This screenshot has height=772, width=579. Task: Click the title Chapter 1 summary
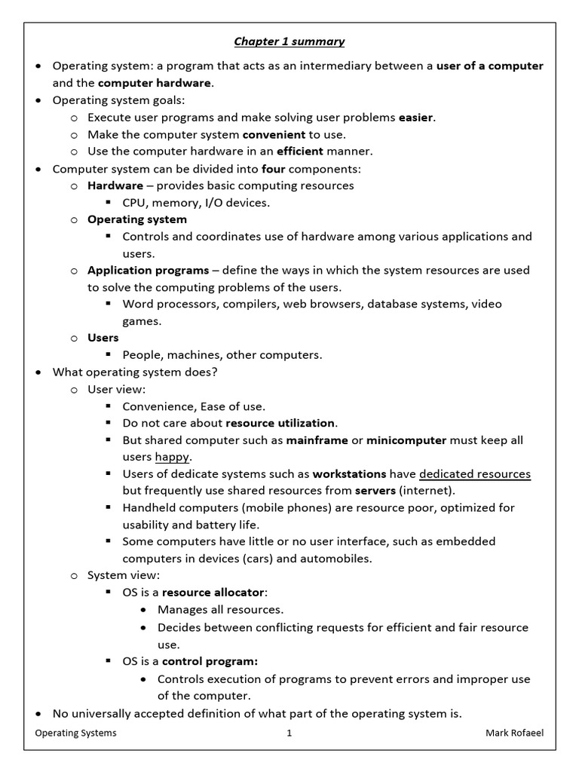coord(289,41)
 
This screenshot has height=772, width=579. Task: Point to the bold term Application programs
coord(148,270)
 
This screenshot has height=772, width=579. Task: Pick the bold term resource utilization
coord(280,423)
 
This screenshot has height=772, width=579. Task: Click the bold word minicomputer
coord(406,440)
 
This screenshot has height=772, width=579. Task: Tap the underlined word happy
coord(173,457)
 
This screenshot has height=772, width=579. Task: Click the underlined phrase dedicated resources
coord(474,473)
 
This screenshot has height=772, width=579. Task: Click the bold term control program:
coord(210,661)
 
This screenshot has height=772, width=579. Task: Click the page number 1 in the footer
coord(289,734)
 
